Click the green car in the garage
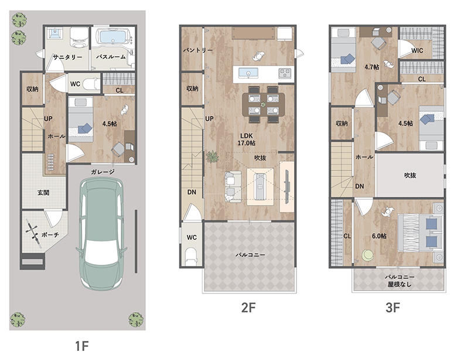(101, 233)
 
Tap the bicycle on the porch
(33, 232)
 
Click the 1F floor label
(81, 346)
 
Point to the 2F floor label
(248, 308)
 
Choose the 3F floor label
(393, 308)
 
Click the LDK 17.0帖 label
(246, 139)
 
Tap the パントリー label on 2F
(198, 50)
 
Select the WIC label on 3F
(417, 50)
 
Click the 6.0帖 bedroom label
(379, 236)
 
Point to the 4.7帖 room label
(371, 67)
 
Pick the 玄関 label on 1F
(43, 193)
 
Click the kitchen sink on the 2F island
(248, 73)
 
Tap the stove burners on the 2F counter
(285, 73)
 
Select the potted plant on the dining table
(263, 104)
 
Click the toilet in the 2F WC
(192, 256)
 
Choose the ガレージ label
(103, 172)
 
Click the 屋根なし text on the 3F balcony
(400, 284)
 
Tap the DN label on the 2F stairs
(192, 192)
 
